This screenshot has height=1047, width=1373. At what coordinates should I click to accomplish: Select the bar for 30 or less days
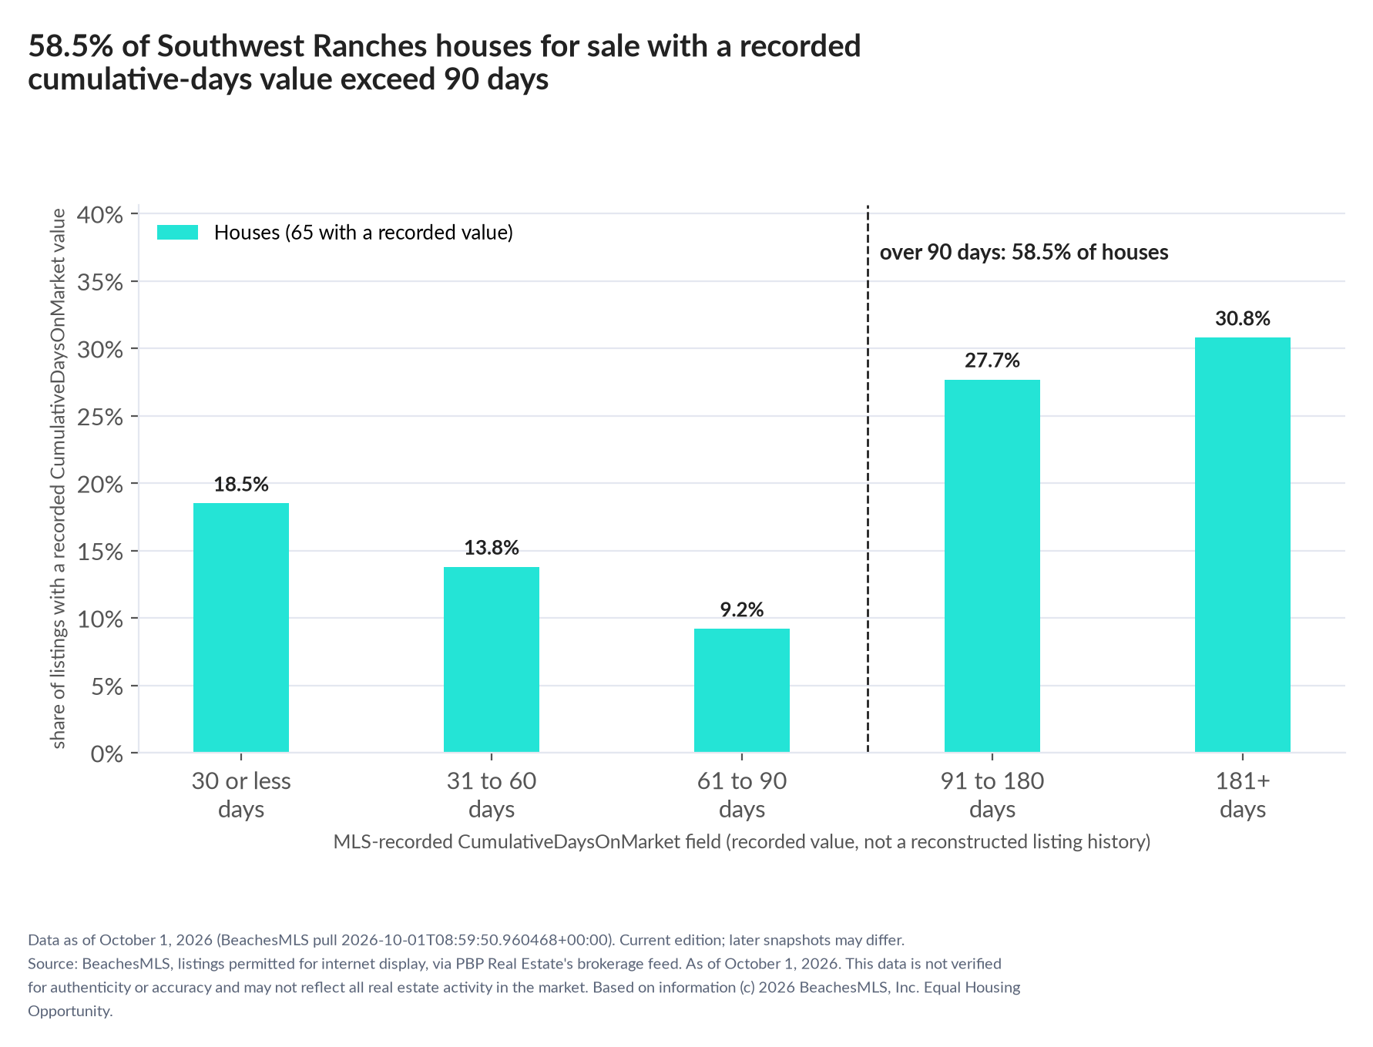(241, 627)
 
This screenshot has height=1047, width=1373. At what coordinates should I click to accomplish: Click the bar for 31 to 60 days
(492, 659)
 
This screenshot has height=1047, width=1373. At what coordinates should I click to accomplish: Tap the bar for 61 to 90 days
(742, 690)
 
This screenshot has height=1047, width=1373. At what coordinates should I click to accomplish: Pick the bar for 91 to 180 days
(992, 565)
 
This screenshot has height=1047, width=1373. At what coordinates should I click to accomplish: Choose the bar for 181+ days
(1243, 545)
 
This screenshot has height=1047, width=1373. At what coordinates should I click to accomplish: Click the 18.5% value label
(241, 485)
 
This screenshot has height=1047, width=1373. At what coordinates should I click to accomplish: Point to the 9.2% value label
(742, 610)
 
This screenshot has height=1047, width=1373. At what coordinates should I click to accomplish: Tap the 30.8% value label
(1243, 319)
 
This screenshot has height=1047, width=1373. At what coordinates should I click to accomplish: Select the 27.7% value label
(992, 361)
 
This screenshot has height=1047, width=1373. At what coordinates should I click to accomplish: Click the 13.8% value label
(492, 548)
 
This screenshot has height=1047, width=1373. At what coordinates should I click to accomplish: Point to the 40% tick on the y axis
(100, 214)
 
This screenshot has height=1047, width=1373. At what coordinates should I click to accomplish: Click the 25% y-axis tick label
(100, 417)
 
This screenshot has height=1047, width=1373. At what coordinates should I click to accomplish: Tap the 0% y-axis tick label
(107, 753)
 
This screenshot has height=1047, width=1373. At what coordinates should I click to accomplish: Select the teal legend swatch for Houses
(178, 233)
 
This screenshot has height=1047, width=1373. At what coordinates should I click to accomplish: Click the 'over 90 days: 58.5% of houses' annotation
(1024, 253)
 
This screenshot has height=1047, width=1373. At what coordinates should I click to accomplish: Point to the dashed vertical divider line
(868, 478)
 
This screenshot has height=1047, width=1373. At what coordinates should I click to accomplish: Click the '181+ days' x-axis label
(1243, 795)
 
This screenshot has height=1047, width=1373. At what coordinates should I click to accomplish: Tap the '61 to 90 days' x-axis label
(742, 795)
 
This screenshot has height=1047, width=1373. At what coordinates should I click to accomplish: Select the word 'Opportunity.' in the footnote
(70, 1012)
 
